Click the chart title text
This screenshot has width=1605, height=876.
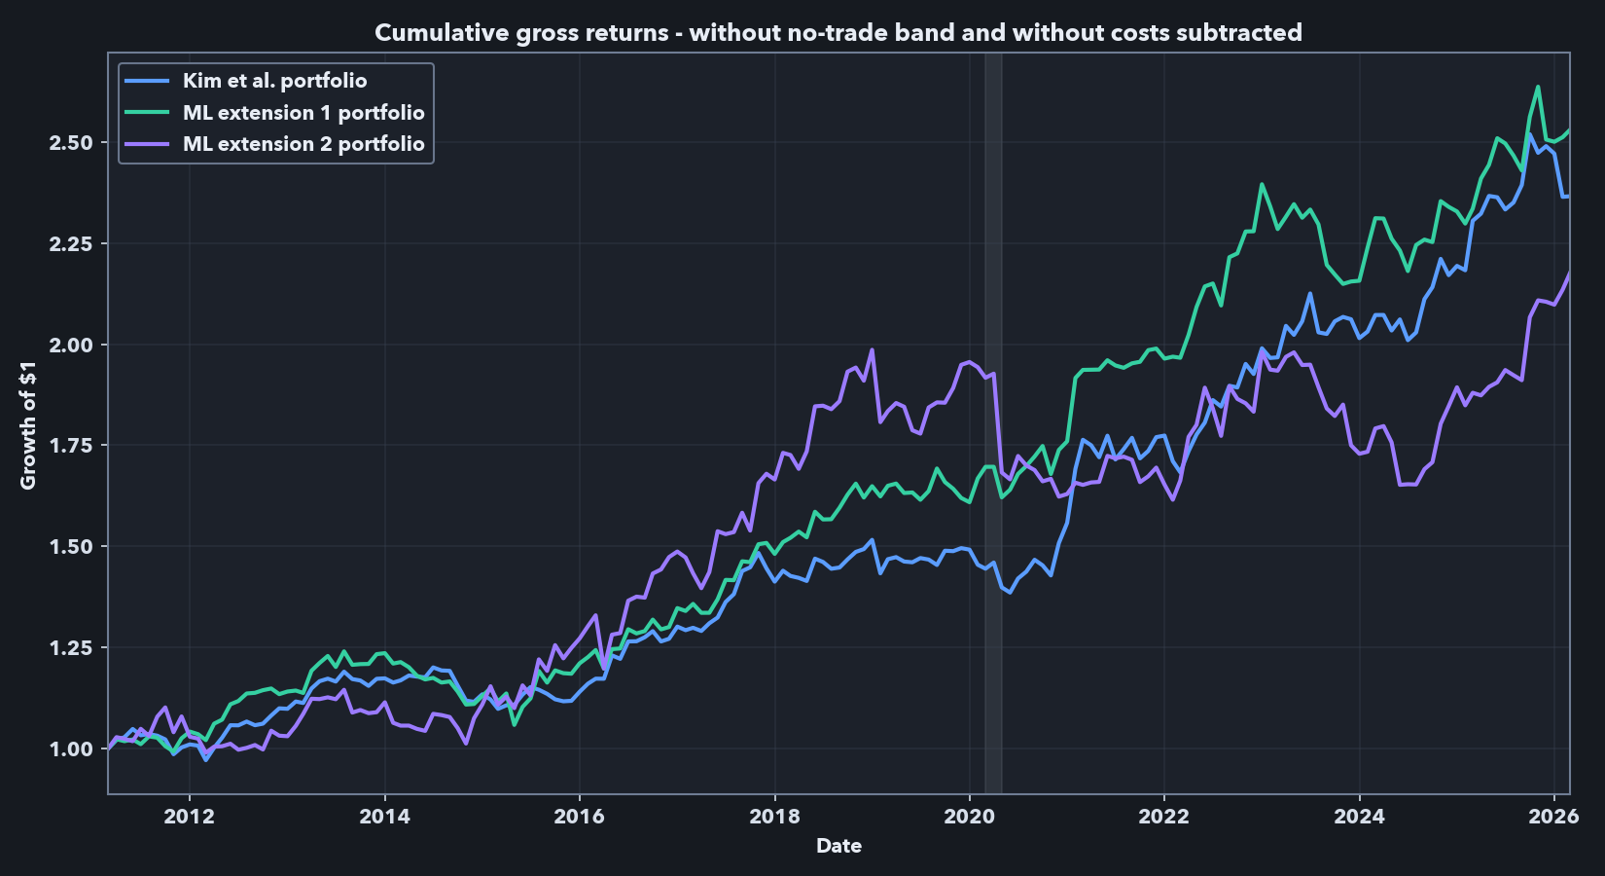point(838,33)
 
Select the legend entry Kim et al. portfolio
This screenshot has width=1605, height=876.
point(274,81)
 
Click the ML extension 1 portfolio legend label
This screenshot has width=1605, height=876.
point(303,113)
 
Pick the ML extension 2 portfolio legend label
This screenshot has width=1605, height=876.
point(303,144)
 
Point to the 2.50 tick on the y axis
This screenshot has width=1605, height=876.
point(71,143)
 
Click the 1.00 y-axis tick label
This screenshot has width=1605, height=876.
point(71,748)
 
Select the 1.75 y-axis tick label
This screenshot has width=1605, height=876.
point(71,446)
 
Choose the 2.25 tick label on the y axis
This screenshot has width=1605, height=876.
point(71,243)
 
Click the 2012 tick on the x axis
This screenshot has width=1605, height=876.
point(189,817)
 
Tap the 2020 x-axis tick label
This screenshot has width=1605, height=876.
point(969,817)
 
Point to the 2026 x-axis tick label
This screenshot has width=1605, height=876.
point(1553,817)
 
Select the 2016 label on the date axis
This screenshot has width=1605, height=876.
point(579,817)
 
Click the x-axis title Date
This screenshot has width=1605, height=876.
point(838,846)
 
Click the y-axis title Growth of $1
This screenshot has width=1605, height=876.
point(28,424)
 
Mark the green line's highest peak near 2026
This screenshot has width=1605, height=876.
point(1538,87)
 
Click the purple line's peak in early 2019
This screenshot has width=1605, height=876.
point(872,349)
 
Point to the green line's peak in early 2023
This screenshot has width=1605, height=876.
point(1262,184)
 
